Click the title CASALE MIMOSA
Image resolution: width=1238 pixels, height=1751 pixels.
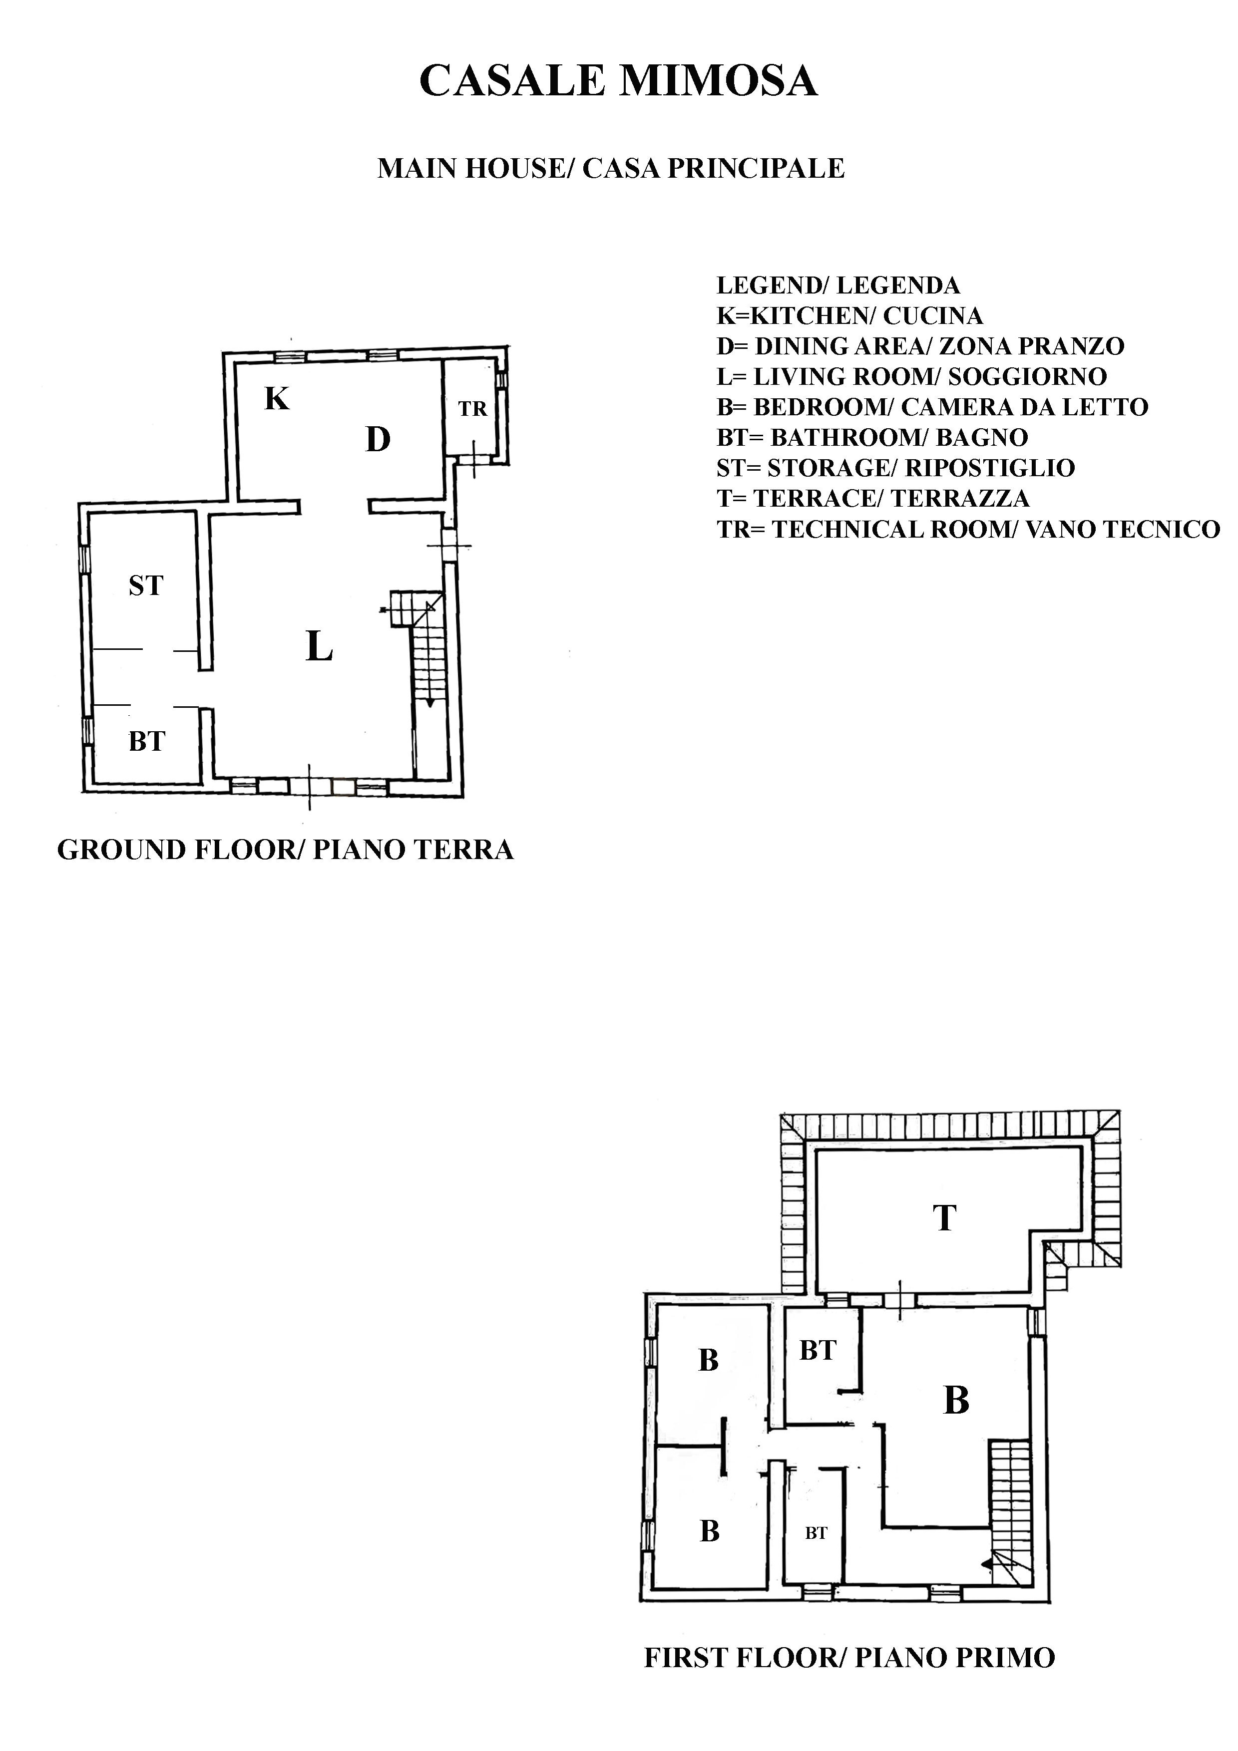[x=619, y=81]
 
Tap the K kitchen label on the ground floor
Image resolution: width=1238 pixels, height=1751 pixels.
[x=277, y=398]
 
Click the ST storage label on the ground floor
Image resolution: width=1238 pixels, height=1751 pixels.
[x=146, y=585]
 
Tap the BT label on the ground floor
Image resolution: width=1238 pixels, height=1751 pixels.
[x=146, y=741]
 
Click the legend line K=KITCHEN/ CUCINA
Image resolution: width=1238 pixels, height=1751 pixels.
[x=850, y=316]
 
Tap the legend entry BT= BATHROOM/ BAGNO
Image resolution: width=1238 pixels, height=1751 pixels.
[x=872, y=438]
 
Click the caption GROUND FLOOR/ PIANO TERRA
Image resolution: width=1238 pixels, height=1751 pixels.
[x=285, y=850]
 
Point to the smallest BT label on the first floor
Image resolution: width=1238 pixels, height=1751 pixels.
[x=816, y=1533]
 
